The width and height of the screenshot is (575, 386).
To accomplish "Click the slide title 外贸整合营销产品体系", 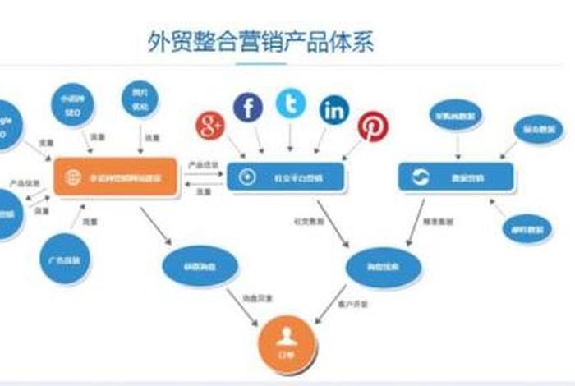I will tap(260, 42).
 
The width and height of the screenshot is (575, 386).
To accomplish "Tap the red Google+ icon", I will tap(210, 126).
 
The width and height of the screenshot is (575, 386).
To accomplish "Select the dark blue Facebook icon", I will tap(247, 107).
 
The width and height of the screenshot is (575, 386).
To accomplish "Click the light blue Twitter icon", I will tap(291, 104).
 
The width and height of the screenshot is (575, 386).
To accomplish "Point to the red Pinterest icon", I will tap(373, 126).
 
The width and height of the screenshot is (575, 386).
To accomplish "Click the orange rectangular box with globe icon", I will tap(116, 177).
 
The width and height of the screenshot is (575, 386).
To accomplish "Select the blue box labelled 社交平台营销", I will tap(286, 177).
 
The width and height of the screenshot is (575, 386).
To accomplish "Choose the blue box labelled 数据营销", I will tap(456, 177).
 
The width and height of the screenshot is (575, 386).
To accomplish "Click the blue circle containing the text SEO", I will tap(72, 105).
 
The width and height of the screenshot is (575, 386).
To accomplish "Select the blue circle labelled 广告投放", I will tap(65, 260).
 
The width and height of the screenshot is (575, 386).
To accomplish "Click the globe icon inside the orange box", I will tap(74, 177).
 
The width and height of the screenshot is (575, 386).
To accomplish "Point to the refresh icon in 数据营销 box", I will tap(421, 177).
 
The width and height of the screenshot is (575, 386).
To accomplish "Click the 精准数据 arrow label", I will tap(433, 221).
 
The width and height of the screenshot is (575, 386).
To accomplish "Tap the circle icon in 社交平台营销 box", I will tap(245, 177).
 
